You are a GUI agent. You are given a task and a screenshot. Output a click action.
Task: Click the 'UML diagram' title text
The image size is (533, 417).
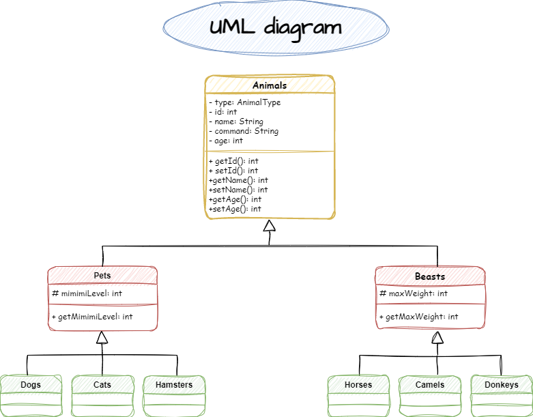click(x=275, y=27)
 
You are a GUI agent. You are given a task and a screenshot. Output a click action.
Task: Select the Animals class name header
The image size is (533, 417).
click(x=270, y=85)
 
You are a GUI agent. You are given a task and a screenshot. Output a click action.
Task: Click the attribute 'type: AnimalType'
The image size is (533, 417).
click(x=245, y=102)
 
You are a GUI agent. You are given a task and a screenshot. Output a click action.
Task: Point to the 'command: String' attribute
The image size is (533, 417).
click(x=244, y=131)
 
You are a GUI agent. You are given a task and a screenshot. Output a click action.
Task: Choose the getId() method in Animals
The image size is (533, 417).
click(x=233, y=161)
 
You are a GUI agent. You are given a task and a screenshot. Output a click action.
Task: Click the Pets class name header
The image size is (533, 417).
click(x=102, y=276)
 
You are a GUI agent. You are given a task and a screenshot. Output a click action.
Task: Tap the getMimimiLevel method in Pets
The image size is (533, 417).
click(x=92, y=317)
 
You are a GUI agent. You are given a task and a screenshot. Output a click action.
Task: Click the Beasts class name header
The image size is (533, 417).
click(x=430, y=276)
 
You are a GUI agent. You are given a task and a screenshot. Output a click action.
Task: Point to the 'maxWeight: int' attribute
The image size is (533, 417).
click(x=414, y=293)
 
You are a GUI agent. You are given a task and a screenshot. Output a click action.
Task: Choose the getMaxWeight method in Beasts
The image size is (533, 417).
click(x=418, y=317)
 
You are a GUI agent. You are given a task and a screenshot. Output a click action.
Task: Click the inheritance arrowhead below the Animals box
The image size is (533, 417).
click(x=270, y=227)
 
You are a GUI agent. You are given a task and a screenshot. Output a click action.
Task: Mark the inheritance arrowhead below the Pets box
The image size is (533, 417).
click(x=102, y=337)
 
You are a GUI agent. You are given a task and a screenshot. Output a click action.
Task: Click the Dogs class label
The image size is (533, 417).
click(x=31, y=385)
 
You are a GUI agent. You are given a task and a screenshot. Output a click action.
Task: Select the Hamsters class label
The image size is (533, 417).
click(x=174, y=385)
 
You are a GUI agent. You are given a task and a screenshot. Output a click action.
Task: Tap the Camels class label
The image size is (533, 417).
click(x=430, y=385)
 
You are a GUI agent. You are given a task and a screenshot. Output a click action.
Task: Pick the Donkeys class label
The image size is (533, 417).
click(x=502, y=385)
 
